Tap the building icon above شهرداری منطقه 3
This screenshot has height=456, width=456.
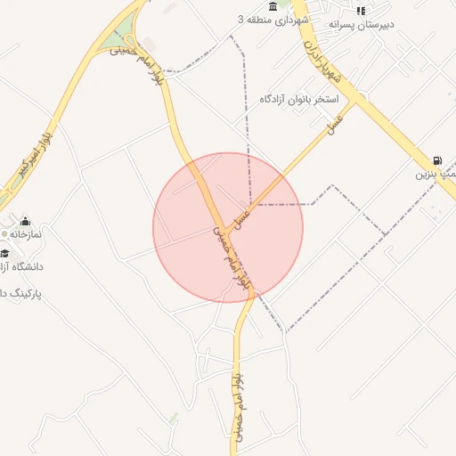click(x=272, y=5)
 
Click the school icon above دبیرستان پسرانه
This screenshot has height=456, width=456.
click(x=360, y=11)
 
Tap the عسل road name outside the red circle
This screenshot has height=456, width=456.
click(x=335, y=126)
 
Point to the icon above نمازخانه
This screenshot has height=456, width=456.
click(x=25, y=221)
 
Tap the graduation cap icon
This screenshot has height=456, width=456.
click(x=4, y=253)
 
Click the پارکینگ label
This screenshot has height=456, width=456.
click(x=23, y=293)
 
